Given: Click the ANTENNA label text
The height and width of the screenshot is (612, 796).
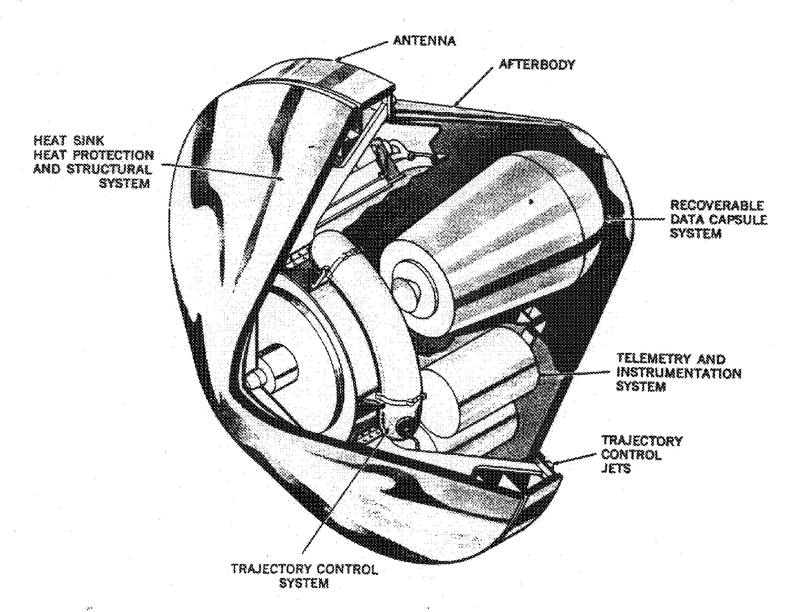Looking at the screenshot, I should point(424,41).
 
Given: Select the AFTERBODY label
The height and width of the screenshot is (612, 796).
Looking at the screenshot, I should point(537,65).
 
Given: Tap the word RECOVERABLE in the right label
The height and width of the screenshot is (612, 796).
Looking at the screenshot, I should point(716,206).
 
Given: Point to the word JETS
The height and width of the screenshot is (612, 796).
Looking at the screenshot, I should point(615,468).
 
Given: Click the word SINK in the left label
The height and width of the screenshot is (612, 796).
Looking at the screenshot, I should point(88,141).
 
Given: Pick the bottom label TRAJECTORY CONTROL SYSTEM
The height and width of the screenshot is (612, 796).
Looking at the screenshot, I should point(304,576).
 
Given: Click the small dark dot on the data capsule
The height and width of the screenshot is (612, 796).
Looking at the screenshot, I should point(531,202).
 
